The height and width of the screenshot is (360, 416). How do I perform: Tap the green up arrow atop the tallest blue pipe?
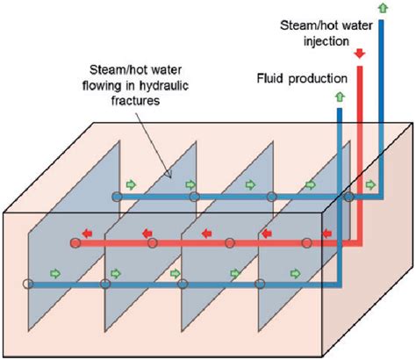coord(383,11)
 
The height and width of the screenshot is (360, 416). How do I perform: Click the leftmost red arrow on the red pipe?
coord(88,234)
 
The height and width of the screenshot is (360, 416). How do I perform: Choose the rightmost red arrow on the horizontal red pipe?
coord(327,234)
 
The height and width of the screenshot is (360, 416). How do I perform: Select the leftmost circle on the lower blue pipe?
coord(28,284)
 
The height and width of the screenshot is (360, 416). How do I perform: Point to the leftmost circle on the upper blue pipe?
coord(116,196)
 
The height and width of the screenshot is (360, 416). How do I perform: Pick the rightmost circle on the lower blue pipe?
coord(260,284)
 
